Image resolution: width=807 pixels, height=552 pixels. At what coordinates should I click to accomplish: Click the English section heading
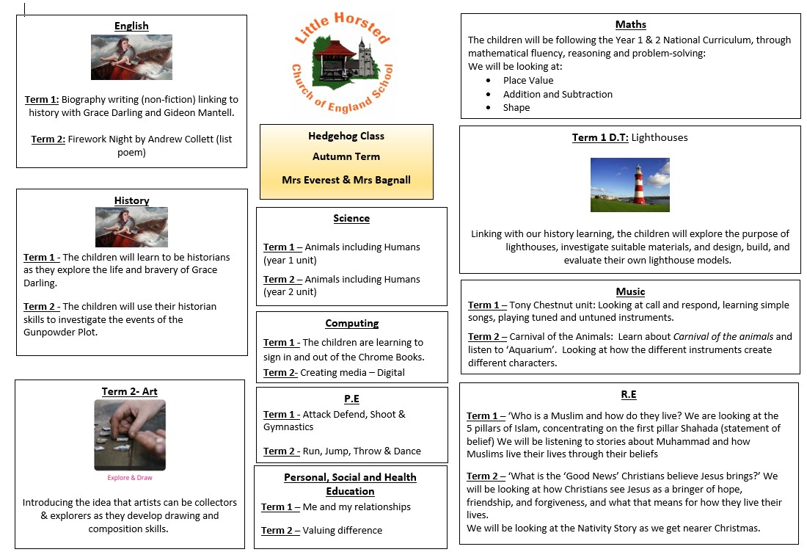click(131, 26)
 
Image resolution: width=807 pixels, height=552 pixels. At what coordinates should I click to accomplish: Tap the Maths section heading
click(630, 25)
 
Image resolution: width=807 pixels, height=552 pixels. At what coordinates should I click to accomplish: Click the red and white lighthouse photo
click(629, 185)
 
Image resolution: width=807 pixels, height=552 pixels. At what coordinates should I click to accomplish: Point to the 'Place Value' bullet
click(528, 81)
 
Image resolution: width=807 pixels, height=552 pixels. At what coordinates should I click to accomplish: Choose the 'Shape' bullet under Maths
click(516, 108)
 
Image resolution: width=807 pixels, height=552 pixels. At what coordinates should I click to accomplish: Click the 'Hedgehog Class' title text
click(346, 136)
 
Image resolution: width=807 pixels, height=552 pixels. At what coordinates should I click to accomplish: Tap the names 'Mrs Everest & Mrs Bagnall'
click(346, 180)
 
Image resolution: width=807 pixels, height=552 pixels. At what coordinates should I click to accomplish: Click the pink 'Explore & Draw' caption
click(129, 478)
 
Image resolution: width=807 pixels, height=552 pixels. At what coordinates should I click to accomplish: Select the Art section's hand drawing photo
click(130, 435)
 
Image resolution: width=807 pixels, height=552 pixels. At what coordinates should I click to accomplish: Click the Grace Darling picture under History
click(131, 227)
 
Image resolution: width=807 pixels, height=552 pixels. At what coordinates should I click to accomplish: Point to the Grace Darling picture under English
click(131, 57)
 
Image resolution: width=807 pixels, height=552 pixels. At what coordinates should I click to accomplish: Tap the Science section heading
click(351, 219)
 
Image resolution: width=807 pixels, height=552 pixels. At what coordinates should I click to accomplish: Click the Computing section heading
click(352, 324)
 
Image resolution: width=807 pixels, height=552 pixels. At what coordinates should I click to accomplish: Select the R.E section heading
click(629, 394)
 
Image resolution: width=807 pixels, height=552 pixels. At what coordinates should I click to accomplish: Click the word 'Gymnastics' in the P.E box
click(288, 427)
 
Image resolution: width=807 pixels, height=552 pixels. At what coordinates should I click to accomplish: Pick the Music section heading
click(630, 291)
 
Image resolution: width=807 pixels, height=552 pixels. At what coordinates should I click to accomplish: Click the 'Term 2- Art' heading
click(130, 391)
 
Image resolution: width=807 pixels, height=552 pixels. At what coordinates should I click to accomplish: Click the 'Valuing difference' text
click(343, 530)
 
